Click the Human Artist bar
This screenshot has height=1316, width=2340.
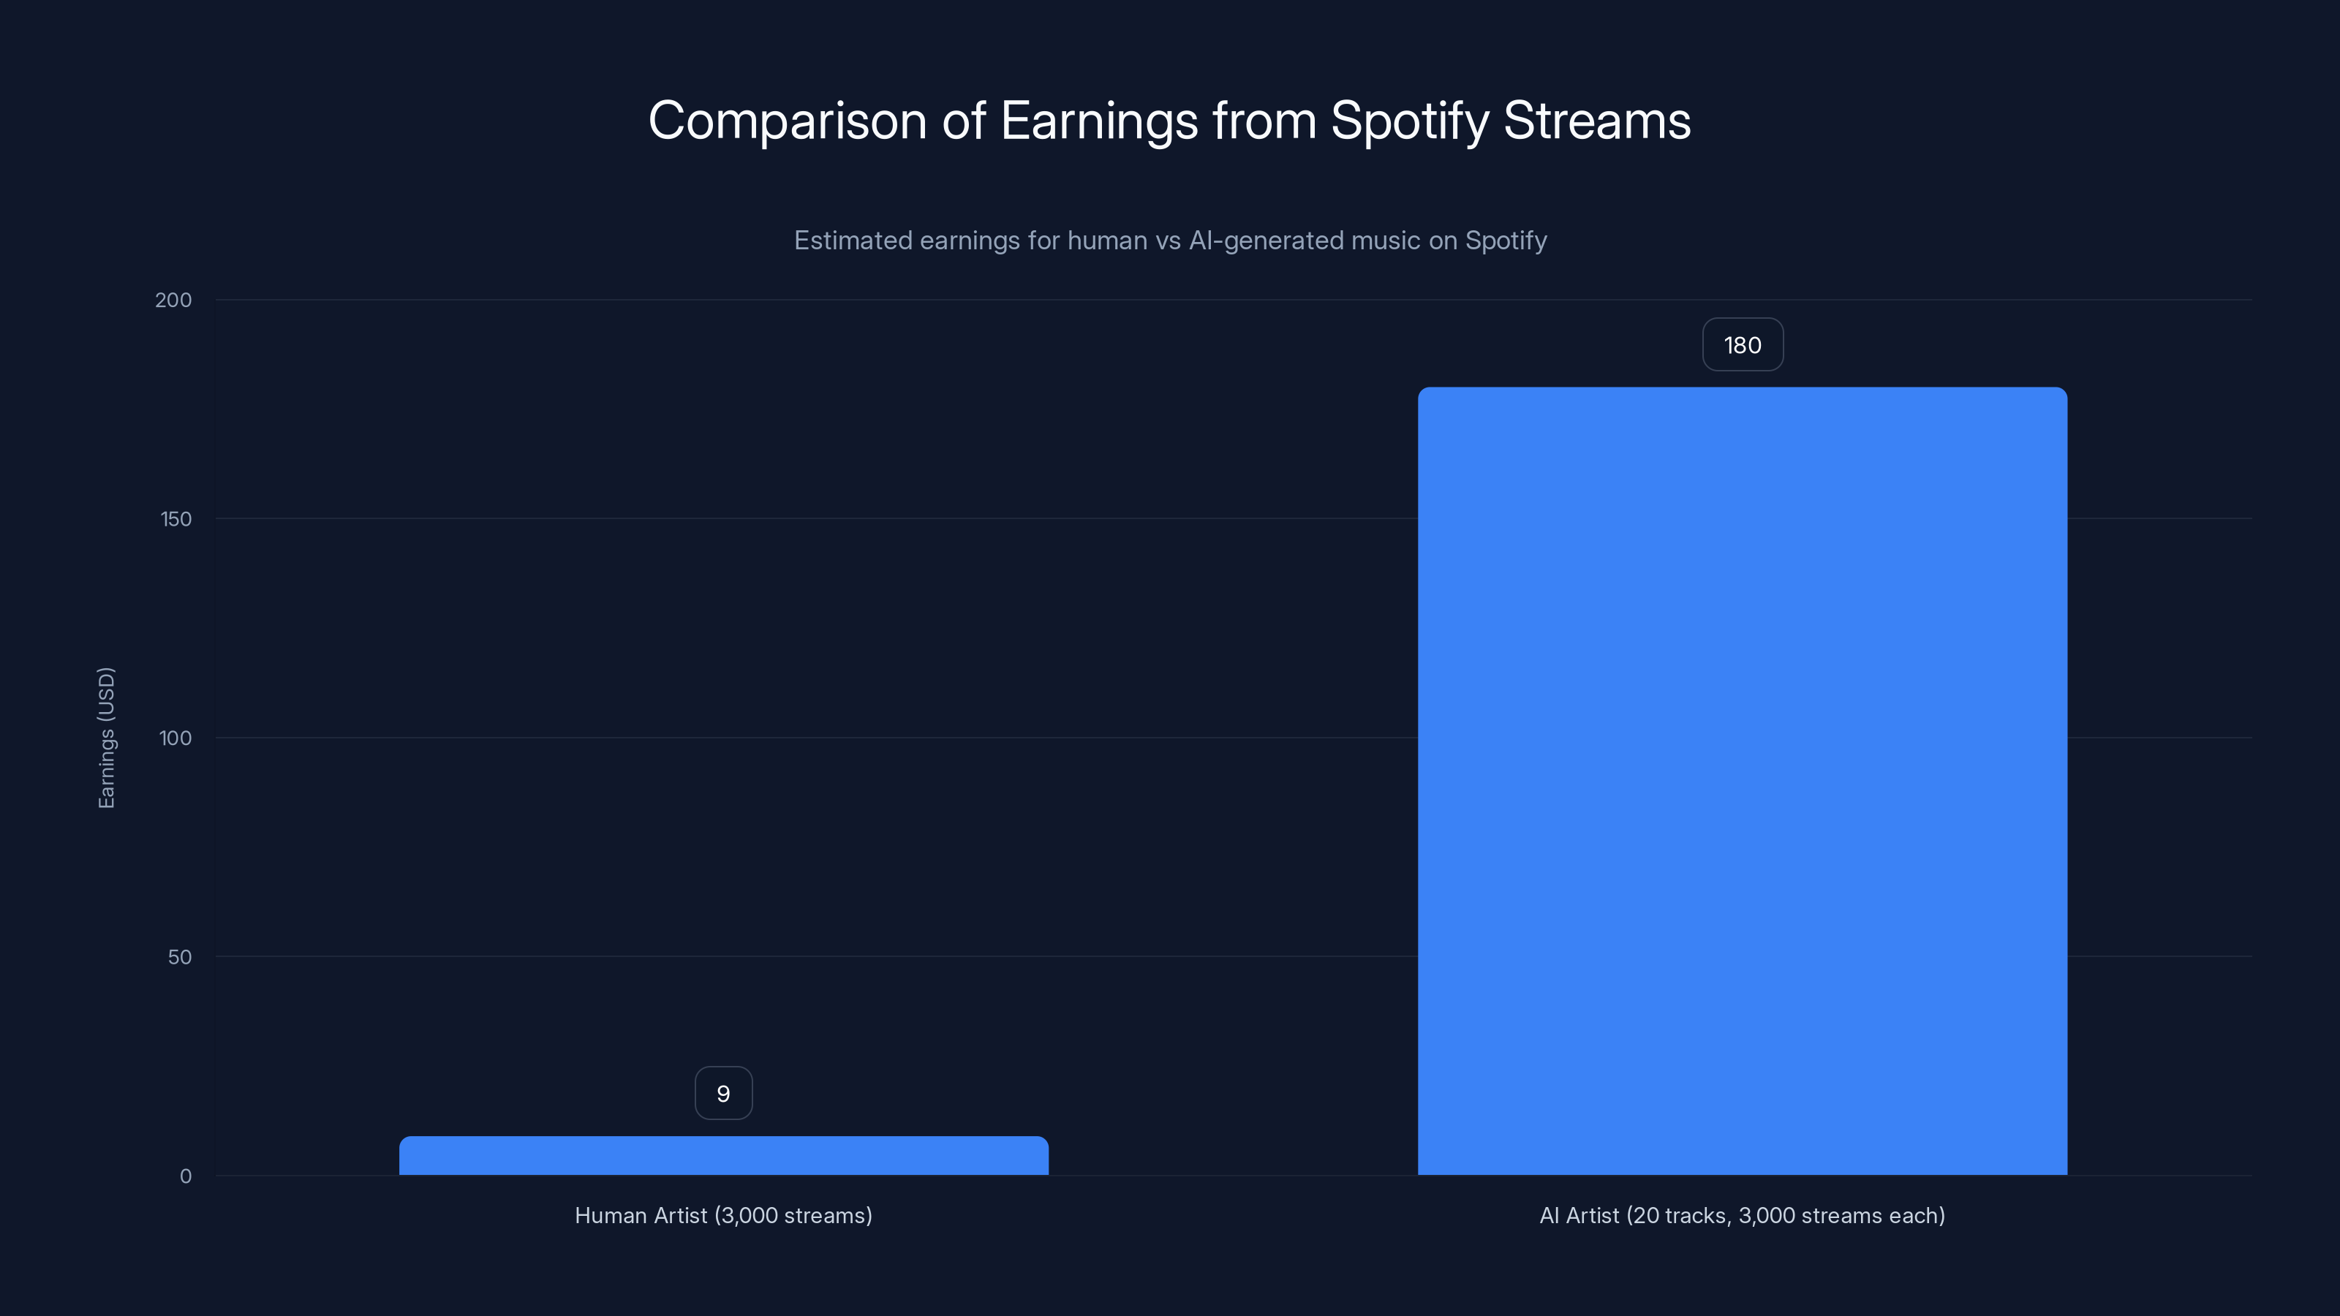(x=723, y=1155)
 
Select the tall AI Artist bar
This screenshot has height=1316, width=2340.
(x=1743, y=781)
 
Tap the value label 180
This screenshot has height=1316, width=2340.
(x=1743, y=345)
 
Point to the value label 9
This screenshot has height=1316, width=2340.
(x=723, y=1094)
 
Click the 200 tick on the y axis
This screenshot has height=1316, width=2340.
(x=173, y=300)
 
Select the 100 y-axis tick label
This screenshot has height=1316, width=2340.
(x=175, y=738)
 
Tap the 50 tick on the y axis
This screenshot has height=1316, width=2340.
(x=179, y=956)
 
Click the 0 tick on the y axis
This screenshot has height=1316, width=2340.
(x=185, y=1176)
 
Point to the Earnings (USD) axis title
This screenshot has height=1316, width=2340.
(x=106, y=738)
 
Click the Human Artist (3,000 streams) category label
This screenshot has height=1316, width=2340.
(x=723, y=1215)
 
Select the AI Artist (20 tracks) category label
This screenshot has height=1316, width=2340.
(x=1743, y=1215)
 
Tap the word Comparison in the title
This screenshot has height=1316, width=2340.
(x=788, y=121)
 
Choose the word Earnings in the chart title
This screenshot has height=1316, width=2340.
(x=1098, y=121)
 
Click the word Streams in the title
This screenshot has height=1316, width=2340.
(x=1597, y=121)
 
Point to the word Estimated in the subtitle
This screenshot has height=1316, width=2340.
(x=853, y=241)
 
